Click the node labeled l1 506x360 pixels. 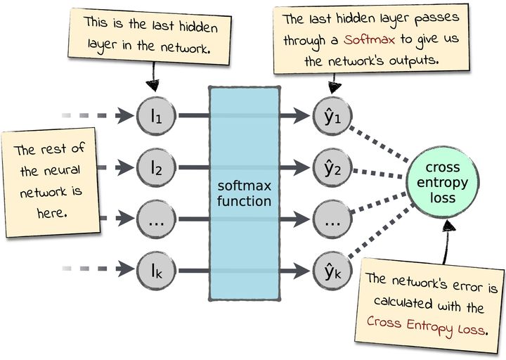pyautogui.click(x=156, y=115)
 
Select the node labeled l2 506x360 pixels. pyautogui.click(x=156, y=167)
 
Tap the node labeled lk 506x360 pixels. pyautogui.click(x=156, y=271)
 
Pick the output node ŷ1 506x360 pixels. pyautogui.click(x=332, y=115)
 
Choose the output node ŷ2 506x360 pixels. pyautogui.click(x=332, y=167)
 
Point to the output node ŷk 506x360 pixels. pyautogui.click(x=332, y=271)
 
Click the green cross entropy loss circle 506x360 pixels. pyautogui.click(x=443, y=182)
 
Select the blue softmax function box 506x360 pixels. pyautogui.click(x=245, y=193)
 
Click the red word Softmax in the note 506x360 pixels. pyautogui.click(x=370, y=39)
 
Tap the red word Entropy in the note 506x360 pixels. pyautogui.click(x=430, y=326)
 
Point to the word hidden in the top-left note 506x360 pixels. pyautogui.click(x=198, y=27)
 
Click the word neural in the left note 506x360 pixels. pyautogui.click(x=64, y=170)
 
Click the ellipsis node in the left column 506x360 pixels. pyautogui.click(x=156, y=219)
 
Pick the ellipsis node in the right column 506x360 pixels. pyautogui.click(x=332, y=219)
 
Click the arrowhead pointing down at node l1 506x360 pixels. pyautogui.click(x=153, y=85)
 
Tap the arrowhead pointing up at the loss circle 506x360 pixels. pyautogui.click(x=448, y=225)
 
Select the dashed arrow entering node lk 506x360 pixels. pyautogui.click(x=98, y=269)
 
